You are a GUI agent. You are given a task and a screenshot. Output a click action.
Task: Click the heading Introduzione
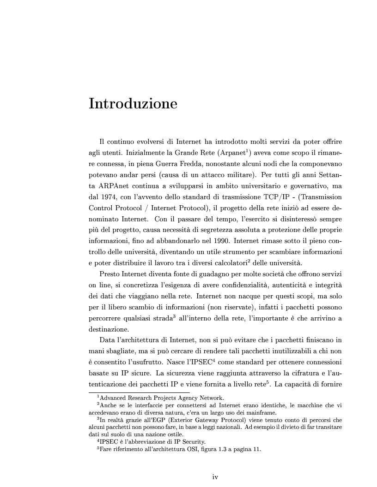(x=133, y=103)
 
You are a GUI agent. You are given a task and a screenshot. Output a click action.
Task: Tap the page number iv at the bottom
(x=215, y=476)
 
